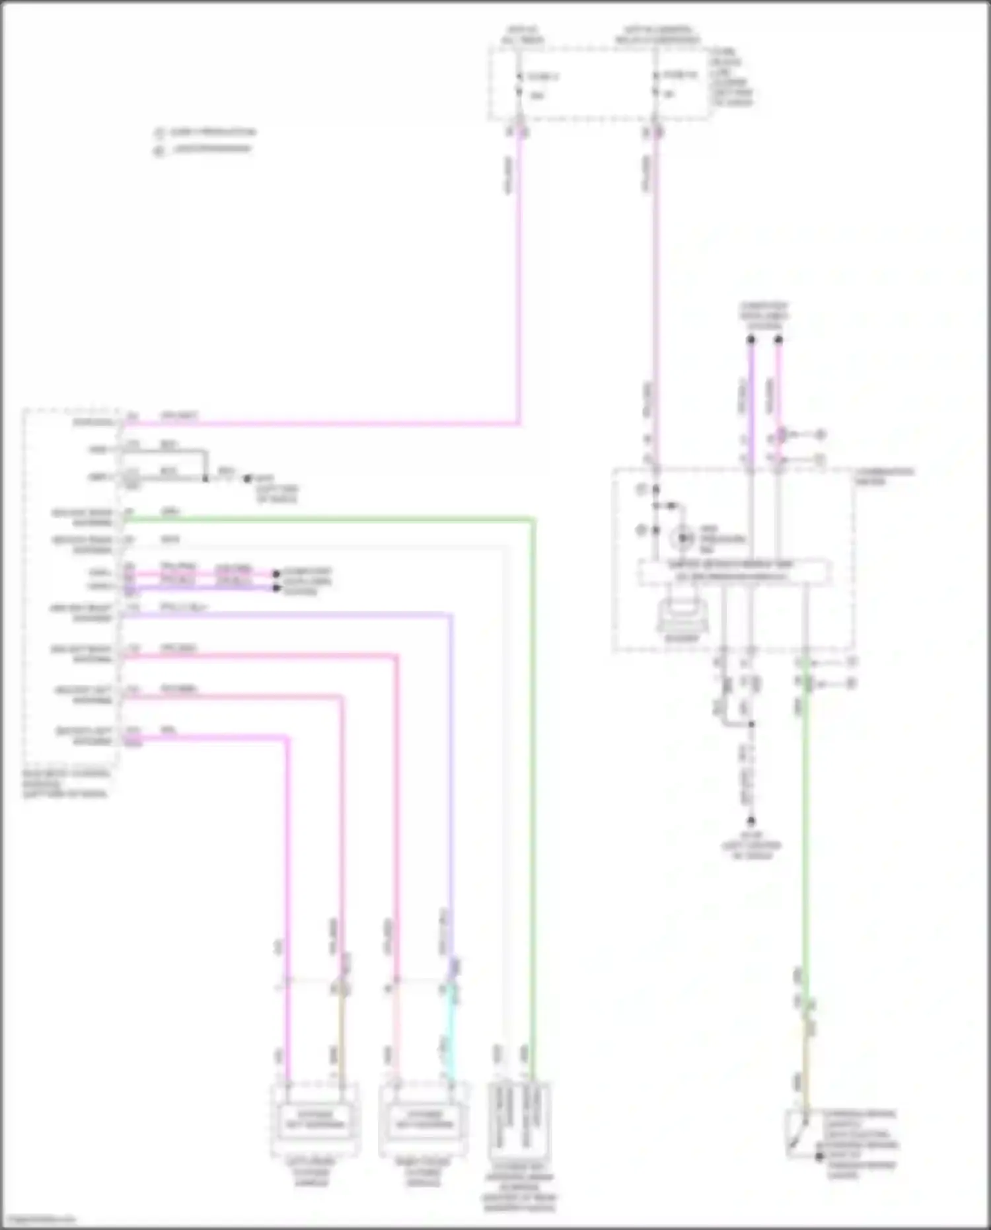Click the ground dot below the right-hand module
tap(751, 822)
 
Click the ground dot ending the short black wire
tap(248, 478)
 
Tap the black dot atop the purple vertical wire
tap(751, 340)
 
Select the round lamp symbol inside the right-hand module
tap(681, 539)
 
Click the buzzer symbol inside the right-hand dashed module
tap(681, 615)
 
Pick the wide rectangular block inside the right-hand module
tap(734, 572)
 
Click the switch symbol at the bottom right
tap(801, 1134)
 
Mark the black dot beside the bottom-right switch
tap(819, 1156)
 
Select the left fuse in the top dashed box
tap(520, 85)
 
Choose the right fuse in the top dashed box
tap(656, 84)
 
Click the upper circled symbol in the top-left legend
tap(159, 132)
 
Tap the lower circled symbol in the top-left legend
tap(159, 150)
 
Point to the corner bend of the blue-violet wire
tap(451, 616)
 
